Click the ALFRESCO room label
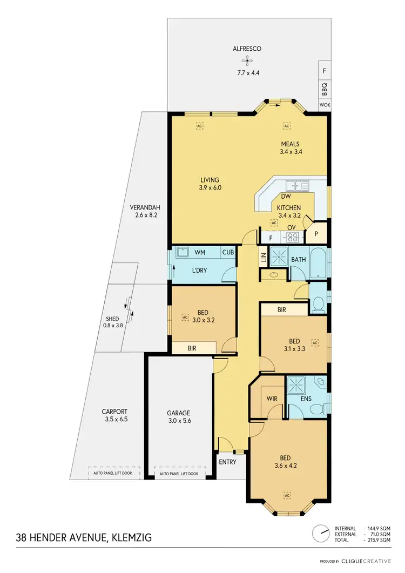(247, 49)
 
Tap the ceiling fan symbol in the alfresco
(247, 60)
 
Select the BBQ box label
(324, 87)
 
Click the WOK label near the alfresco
(324, 105)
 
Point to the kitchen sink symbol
(298, 186)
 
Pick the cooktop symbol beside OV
(292, 236)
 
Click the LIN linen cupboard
(264, 258)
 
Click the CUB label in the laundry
(228, 252)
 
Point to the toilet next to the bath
(318, 304)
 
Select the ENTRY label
(227, 462)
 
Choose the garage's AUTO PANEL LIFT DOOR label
(179, 474)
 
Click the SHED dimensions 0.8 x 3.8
(113, 325)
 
